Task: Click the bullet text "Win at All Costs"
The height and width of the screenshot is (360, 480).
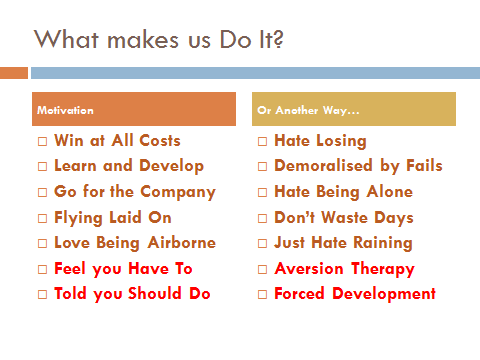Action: pos(117,141)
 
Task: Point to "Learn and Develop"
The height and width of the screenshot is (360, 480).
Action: pos(128,166)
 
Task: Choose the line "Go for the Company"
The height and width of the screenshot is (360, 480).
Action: pos(134,192)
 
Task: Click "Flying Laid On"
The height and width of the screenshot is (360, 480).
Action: pos(112,217)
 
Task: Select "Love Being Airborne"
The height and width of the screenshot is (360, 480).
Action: pos(134,243)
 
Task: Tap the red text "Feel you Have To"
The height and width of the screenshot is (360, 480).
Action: pos(122,268)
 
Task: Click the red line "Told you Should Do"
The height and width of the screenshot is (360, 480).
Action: pos(132,294)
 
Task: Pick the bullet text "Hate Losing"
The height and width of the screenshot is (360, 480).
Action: pos(320,141)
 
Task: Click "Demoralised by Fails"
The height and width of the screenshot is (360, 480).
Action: pos(358,166)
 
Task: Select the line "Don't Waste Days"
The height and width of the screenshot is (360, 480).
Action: pos(343,217)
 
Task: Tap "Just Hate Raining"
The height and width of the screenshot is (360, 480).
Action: pos(343,243)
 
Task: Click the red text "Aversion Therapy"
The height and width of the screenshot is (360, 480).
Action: pos(344,268)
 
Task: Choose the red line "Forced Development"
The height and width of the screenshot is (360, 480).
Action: pos(354,294)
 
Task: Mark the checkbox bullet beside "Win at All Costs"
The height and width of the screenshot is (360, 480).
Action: pos(43,142)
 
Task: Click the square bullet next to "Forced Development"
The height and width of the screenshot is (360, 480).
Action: pos(263,295)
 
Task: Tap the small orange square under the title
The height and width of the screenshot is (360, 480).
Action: pos(14,73)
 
